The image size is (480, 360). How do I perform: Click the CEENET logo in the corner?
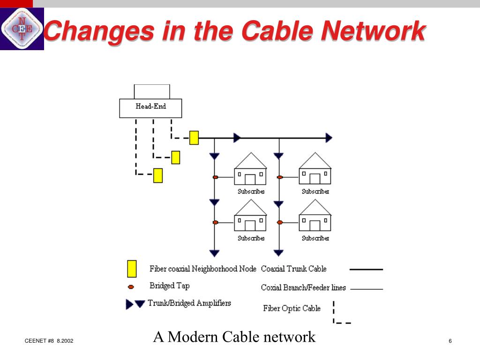pos(22,29)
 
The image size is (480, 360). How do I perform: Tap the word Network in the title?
pos(374,31)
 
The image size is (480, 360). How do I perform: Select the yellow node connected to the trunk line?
pos(194,138)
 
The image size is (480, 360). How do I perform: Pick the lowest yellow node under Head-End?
pos(158,175)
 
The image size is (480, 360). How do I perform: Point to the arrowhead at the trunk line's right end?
pos(329,138)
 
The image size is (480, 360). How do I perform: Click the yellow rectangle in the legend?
pos(132,269)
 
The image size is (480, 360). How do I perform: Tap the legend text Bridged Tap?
pos(169,285)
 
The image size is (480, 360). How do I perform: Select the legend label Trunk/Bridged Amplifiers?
pos(189,303)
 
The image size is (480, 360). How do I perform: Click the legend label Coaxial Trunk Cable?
pos(293,269)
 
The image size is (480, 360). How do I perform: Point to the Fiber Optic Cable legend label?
pos(292,308)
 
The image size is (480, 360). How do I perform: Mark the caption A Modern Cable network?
pos(234,337)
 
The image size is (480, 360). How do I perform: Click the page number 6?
pos(450,341)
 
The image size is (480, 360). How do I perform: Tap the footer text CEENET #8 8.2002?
pos(49,341)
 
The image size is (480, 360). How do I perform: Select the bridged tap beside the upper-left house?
pos(216,177)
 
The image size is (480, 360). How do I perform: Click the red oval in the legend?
pos(131,286)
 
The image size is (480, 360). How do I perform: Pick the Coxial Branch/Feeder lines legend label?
pos(303,288)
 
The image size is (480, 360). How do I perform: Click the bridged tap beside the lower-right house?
pos(280,222)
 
